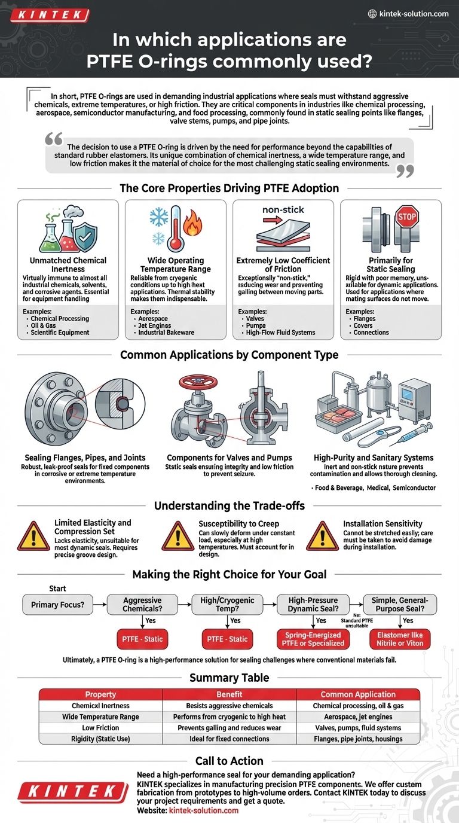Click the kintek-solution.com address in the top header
coord(413,14)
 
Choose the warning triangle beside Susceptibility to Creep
coord(178,535)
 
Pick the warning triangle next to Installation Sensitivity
coord(322,535)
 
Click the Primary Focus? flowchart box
coord(57,605)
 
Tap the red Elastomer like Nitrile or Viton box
coord(400,639)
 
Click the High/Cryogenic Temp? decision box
coord(228,605)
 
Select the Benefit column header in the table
coord(229,694)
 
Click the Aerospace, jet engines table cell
coord(358,717)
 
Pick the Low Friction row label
coord(100,727)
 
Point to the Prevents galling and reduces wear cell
coord(229,727)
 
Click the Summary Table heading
coord(229,678)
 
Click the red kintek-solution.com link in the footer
coord(203,810)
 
